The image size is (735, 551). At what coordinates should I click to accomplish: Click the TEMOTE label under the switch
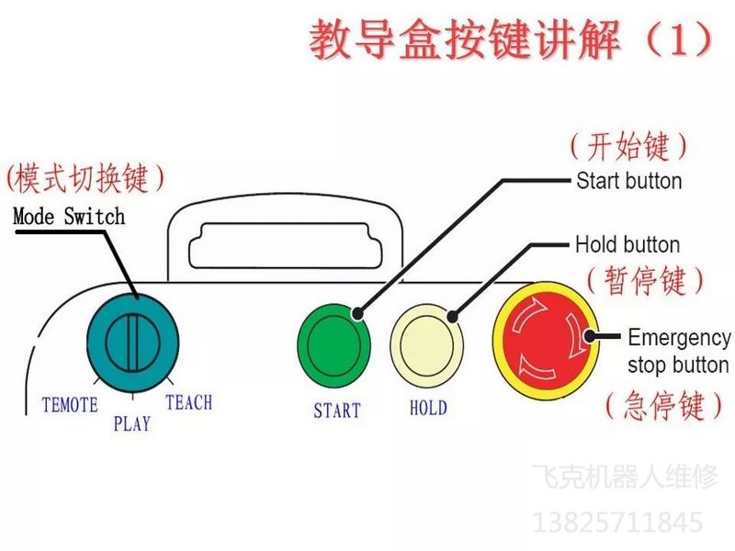pos(70,404)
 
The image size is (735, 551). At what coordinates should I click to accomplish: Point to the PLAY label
pos(131,424)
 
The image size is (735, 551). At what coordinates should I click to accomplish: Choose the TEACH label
pos(188,402)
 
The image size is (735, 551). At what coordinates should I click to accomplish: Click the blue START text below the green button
pos(336,410)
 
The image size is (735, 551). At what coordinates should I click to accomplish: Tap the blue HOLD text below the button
pos(428,408)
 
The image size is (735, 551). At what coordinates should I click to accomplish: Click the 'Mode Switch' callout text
pos(69,217)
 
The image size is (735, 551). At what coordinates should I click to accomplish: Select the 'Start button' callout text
pos(628,180)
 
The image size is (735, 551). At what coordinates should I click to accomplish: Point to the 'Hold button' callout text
pos(628,245)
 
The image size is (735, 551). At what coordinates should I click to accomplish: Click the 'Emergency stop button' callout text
pos(679,351)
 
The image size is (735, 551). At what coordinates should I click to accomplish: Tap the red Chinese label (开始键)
pos(629,145)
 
